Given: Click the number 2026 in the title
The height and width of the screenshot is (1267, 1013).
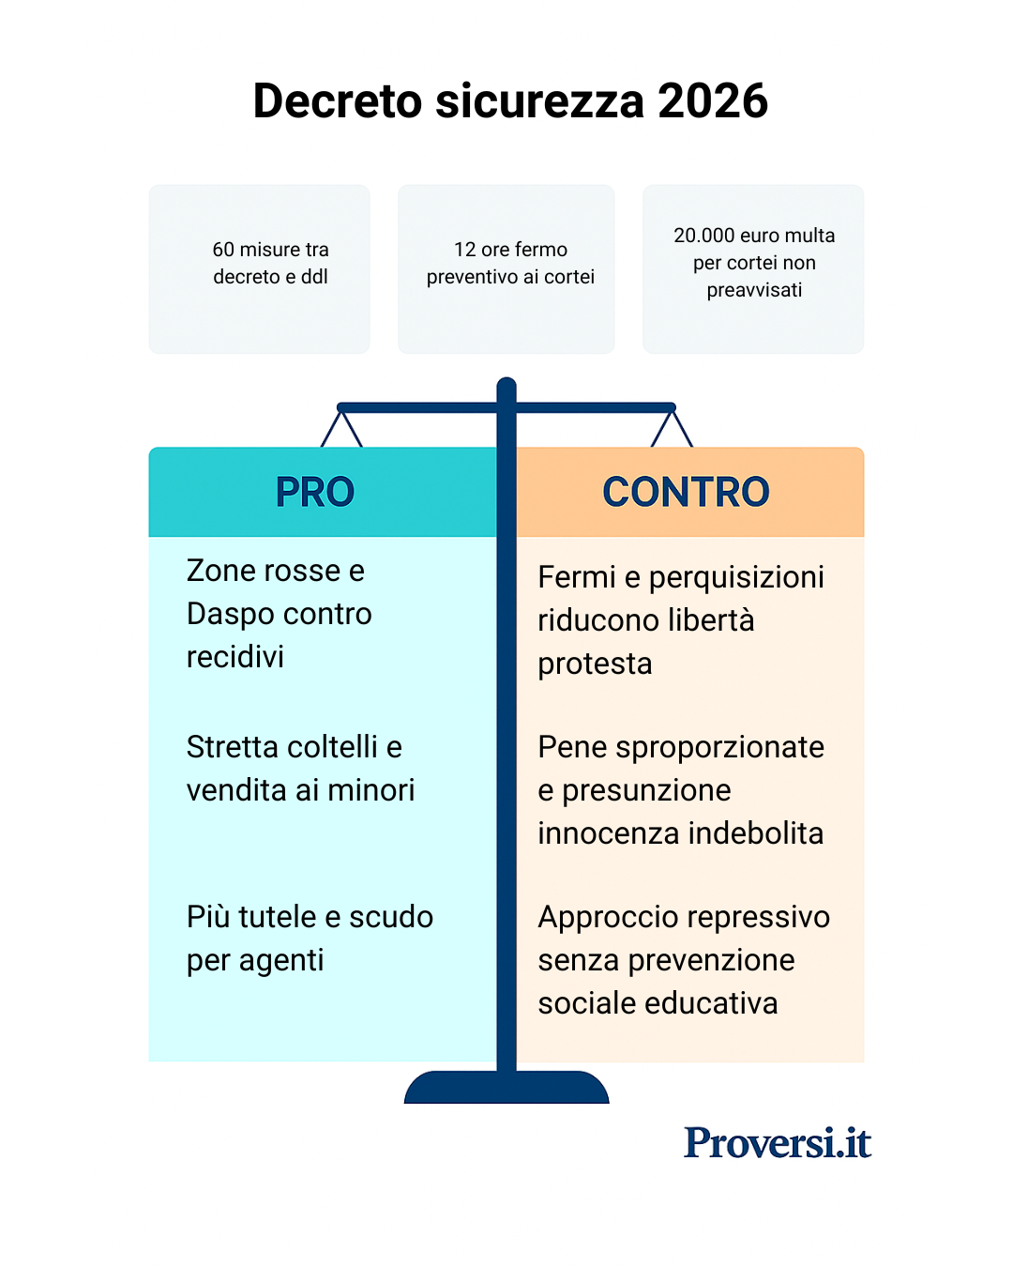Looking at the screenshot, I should pyautogui.click(x=713, y=101).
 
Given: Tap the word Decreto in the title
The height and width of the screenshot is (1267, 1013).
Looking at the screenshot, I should pyautogui.click(x=338, y=101).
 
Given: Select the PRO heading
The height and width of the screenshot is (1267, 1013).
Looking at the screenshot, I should pyautogui.click(x=315, y=492).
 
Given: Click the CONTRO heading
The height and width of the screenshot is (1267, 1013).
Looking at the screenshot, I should pyautogui.click(x=686, y=492).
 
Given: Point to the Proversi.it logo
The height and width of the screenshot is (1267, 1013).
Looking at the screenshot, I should pyautogui.click(x=778, y=1142).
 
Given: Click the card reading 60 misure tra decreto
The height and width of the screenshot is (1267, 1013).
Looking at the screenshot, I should pyautogui.click(x=259, y=268).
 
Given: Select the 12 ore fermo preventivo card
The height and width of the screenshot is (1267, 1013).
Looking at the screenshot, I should pyautogui.click(x=506, y=268).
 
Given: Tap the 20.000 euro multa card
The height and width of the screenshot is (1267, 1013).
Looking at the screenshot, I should pyautogui.click(x=753, y=268).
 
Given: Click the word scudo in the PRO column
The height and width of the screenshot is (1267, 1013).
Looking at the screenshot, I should pyautogui.click(x=390, y=917).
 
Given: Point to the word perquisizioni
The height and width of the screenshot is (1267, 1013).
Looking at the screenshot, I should pyautogui.click(x=736, y=577).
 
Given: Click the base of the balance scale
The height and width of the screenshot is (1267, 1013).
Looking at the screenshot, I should pyautogui.click(x=506, y=1089).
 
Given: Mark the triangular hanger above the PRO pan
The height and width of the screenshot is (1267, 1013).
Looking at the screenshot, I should pyautogui.click(x=341, y=429).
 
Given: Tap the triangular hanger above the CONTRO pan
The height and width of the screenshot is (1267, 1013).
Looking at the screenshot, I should pyautogui.click(x=672, y=429).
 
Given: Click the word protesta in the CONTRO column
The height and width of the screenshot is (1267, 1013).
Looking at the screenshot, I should pyautogui.click(x=595, y=664).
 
